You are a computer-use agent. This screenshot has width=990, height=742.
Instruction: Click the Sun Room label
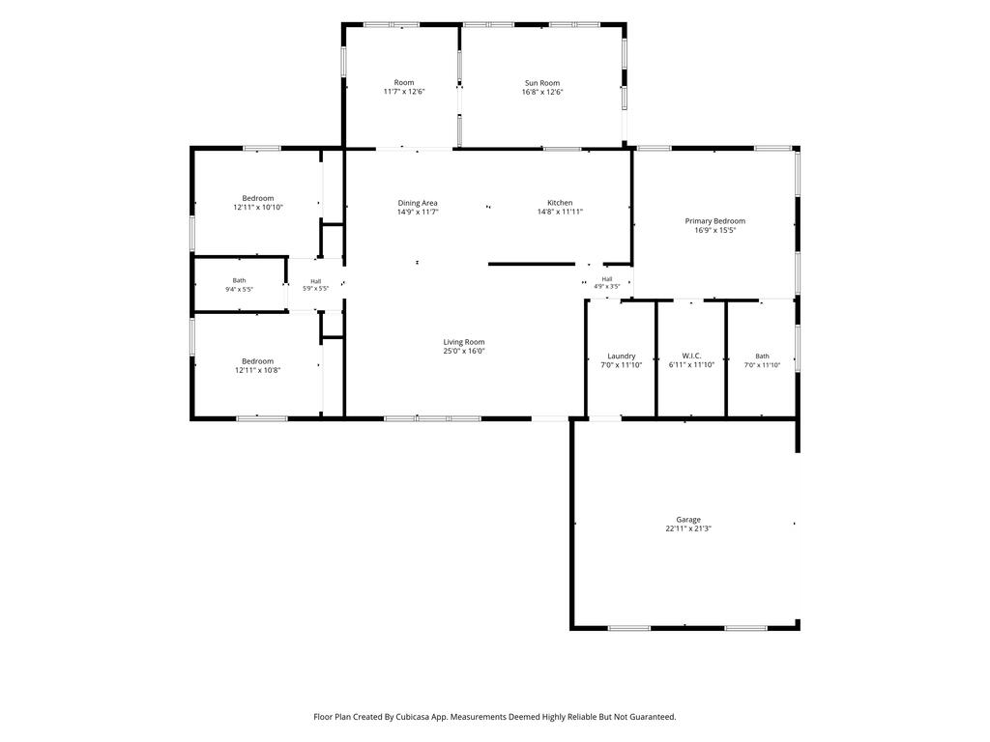542,83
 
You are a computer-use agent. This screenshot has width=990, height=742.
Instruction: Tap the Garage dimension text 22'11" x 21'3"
688,528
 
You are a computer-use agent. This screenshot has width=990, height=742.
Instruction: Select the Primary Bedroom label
715,221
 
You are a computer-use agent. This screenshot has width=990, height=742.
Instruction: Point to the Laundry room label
622,356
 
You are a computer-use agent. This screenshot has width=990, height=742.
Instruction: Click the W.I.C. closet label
691,356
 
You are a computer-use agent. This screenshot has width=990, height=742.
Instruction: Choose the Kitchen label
560,203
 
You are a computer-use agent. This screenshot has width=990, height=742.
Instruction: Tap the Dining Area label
418,203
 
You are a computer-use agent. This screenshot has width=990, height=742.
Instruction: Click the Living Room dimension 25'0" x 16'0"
464,351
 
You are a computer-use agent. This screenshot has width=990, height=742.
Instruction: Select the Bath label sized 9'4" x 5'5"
240,280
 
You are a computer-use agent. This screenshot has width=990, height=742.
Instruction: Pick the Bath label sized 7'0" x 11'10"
763,356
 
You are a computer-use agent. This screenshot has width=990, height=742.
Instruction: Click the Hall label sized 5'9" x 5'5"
316,281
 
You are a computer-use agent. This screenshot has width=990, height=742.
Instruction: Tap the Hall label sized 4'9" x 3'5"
607,279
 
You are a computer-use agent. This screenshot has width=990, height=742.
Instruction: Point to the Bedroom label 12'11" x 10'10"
258,198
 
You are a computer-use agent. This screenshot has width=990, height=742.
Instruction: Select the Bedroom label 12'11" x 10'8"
258,361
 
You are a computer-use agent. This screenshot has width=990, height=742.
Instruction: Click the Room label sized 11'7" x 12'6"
404,82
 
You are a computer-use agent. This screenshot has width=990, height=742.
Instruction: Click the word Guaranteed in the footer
653,717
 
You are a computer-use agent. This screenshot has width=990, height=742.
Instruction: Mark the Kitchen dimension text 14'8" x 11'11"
560,212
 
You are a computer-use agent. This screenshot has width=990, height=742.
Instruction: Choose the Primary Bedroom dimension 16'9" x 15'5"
715,230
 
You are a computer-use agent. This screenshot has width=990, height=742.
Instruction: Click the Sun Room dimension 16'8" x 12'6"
542,92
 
